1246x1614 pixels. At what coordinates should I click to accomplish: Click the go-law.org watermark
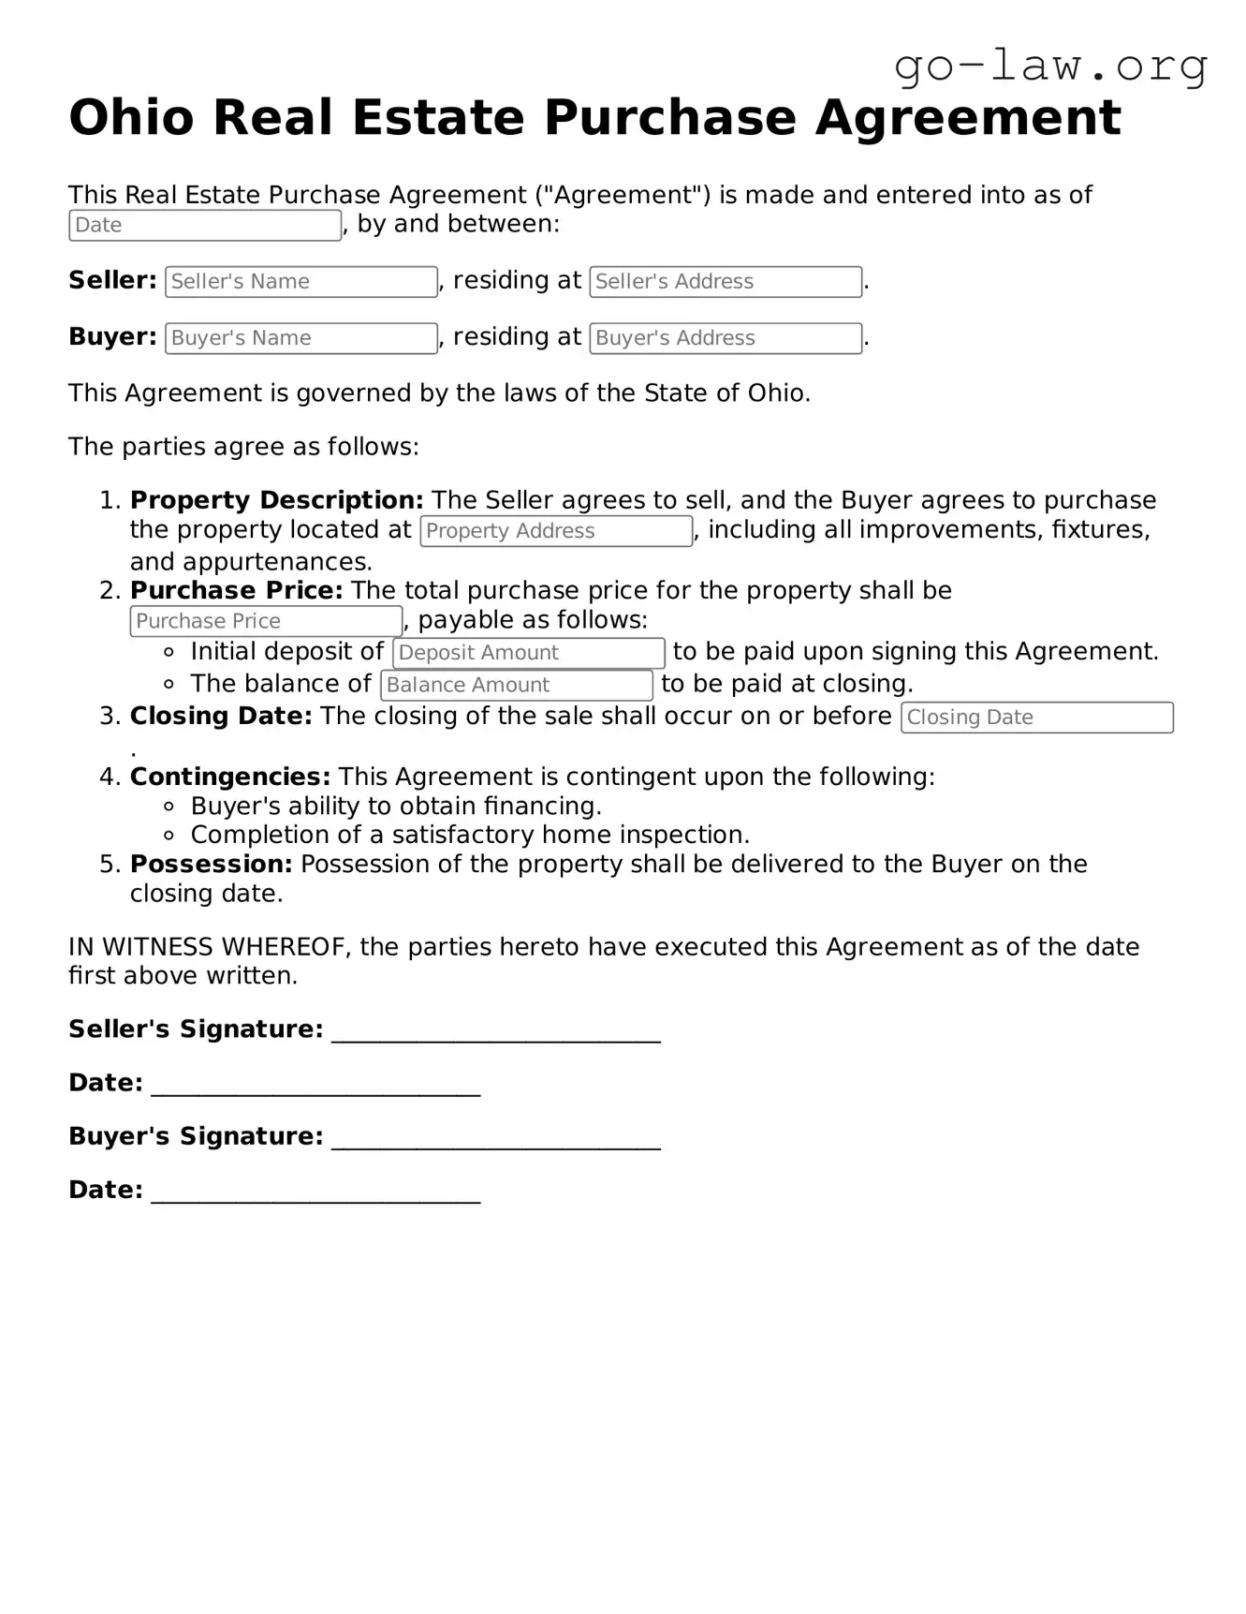pyautogui.click(x=1050, y=67)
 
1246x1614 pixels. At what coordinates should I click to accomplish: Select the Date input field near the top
pyautogui.click(x=205, y=226)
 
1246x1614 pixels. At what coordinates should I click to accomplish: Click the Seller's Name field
pyautogui.click(x=301, y=282)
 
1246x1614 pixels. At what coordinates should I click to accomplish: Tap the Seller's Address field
pyautogui.click(x=725, y=282)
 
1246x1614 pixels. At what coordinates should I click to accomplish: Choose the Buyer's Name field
pyautogui.click(x=301, y=338)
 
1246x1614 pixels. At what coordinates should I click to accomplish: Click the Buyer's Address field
pyautogui.click(x=725, y=338)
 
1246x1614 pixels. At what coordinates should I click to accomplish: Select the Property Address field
pyautogui.click(x=556, y=531)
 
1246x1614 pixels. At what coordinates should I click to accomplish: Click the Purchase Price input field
pyautogui.click(x=266, y=621)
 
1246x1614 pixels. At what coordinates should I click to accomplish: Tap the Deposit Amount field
pyautogui.click(x=528, y=653)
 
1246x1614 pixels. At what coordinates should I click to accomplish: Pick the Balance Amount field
pyautogui.click(x=516, y=686)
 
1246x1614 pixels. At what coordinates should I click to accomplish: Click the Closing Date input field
pyautogui.click(x=1036, y=718)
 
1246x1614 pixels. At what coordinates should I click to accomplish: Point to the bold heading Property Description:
pyautogui.click(x=276, y=500)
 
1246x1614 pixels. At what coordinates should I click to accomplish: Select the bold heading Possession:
pyautogui.click(x=211, y=864)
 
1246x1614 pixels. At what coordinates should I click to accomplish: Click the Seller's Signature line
pyautogui.click(x=496, y=1030)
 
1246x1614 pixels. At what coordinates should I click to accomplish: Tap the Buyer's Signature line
pyautogui.click(x=496, y=1137)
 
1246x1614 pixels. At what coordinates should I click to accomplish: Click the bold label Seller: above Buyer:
pyautogui.click(x=112, y=280)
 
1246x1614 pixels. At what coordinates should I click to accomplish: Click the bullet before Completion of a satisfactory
pyautogui.click(x=169, y=836)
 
